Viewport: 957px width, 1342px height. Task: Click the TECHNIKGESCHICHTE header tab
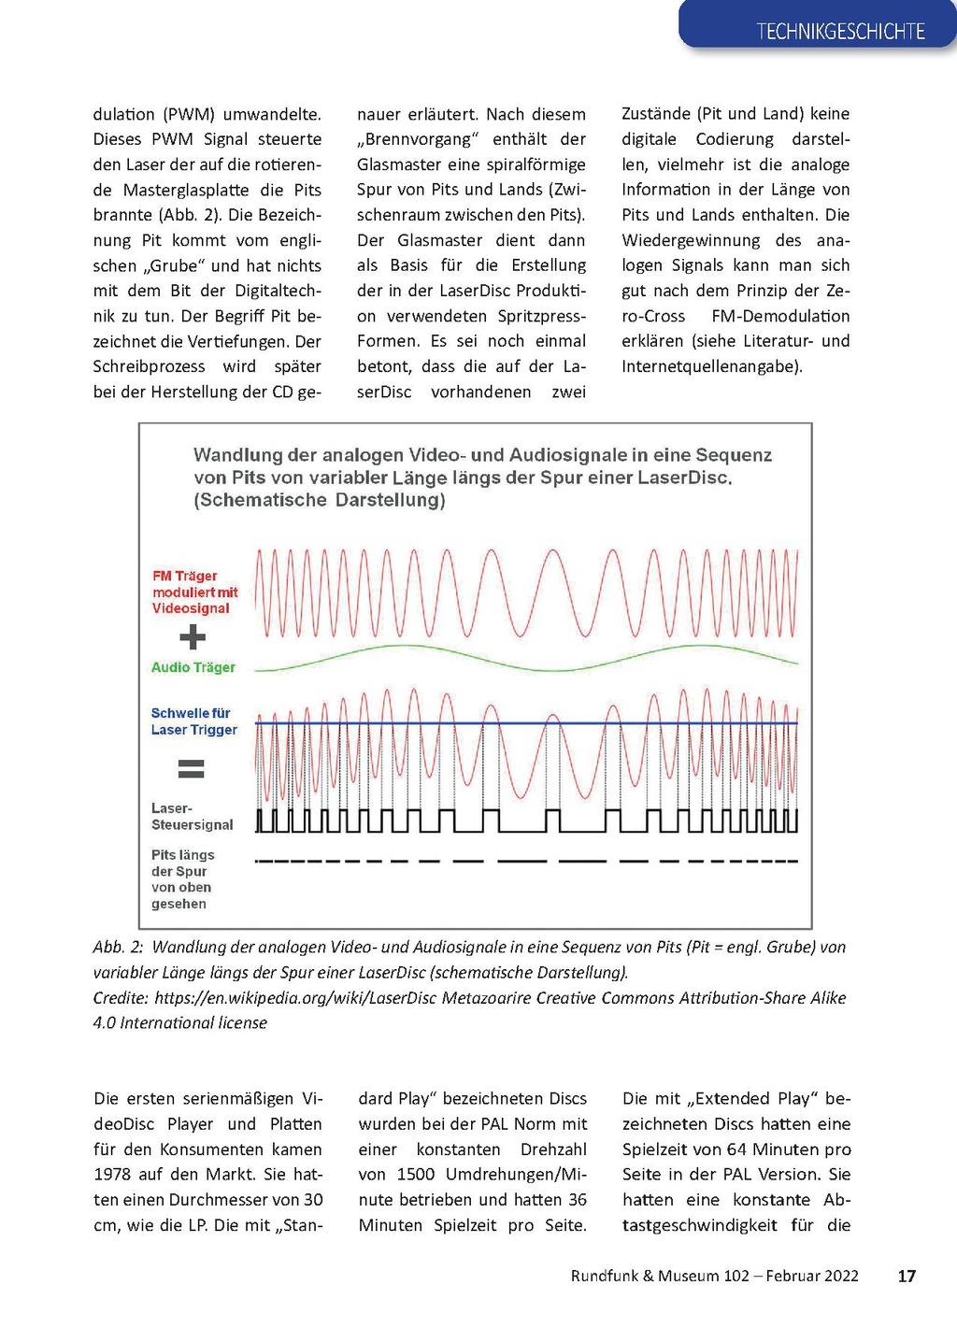pyautogui.click(x=840, y=31)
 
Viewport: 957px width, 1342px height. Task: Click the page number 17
pyautogui.click(x=906, y=1276)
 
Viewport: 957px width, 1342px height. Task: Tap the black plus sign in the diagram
pyautogui.click(x=193, y=637)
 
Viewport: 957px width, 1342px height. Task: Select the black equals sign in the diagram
pyautogui.click(x=192, y=769)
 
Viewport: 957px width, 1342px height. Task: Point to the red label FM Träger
pyautogui.click(x=185, y=576)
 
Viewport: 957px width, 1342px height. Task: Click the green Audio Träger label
pyautogui.click(x=193, y=667)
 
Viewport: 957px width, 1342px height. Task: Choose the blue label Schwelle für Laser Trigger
pyautogui.click(x=193, y=721)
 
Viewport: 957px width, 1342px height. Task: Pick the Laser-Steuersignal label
pyautogui.click(x=192, y=817)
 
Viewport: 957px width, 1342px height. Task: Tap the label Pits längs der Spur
pyautogui.click(x=182, y=864)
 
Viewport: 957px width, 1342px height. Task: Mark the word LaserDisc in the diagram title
pyautogui.click(x=682, y=478)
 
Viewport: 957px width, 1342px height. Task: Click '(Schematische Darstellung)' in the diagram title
pyautogui.click(x=320, y=500)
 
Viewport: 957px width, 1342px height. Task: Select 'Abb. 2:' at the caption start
pyautogui.click(x=118, y=947)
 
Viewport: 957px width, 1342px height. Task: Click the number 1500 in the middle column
pyautogui.click(x=416, y=1175)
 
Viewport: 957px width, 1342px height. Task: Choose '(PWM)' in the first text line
pyautogui.click(x=189, y=114)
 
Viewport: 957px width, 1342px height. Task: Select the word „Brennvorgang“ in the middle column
pyautogui.click(x=418, y=139)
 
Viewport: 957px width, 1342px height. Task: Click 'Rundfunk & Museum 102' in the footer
pyautogui.click(x=660, y=1276)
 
